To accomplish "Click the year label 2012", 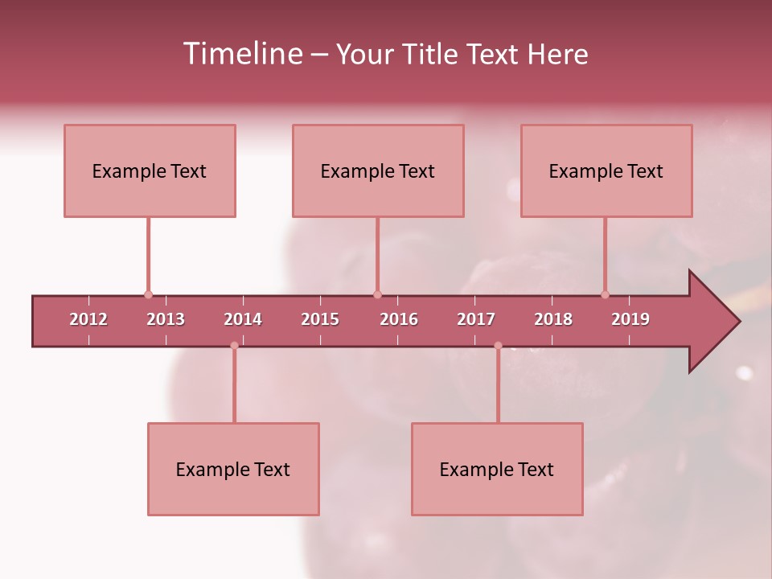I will click(88, 319).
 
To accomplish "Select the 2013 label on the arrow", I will click(166, 319).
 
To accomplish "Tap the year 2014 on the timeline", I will click(243, 319).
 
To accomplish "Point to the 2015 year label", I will click(320, 319).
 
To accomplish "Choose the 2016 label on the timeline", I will click(399, 319).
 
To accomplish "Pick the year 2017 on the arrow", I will click(476, 319).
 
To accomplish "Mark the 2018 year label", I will click(553, 319).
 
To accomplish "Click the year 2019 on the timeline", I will click(630, 319).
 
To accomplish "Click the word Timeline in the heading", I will click(242, 54).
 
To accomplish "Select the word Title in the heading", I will click(431, 54).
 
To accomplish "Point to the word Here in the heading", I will click(557, 54).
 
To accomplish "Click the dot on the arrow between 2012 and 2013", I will click(148, 294).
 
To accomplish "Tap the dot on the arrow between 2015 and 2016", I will click(377, 294).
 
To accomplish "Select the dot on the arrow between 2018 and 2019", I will click(605, 294).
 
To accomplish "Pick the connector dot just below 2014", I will click(234, 346).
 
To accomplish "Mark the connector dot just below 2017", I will click(498, 346).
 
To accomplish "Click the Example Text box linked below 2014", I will click(233, 469).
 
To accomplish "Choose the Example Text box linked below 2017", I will click(497, 469).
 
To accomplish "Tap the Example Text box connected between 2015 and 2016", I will click(378, 170).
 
